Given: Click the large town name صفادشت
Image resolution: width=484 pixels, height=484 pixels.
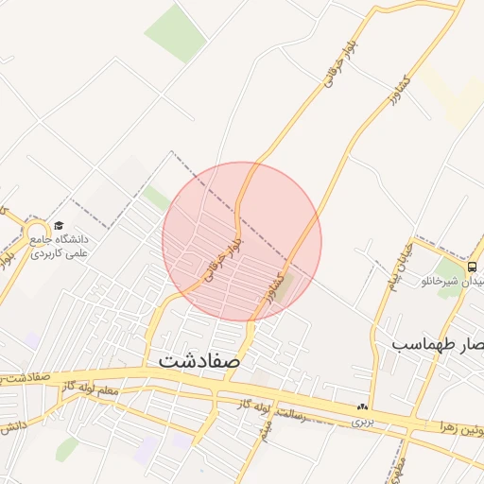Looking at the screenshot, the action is click(x=199, y=360).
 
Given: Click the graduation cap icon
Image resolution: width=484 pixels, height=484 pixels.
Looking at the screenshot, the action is click(x=59, y=226).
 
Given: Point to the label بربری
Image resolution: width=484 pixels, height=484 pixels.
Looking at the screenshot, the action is click(x=362, y=422).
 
